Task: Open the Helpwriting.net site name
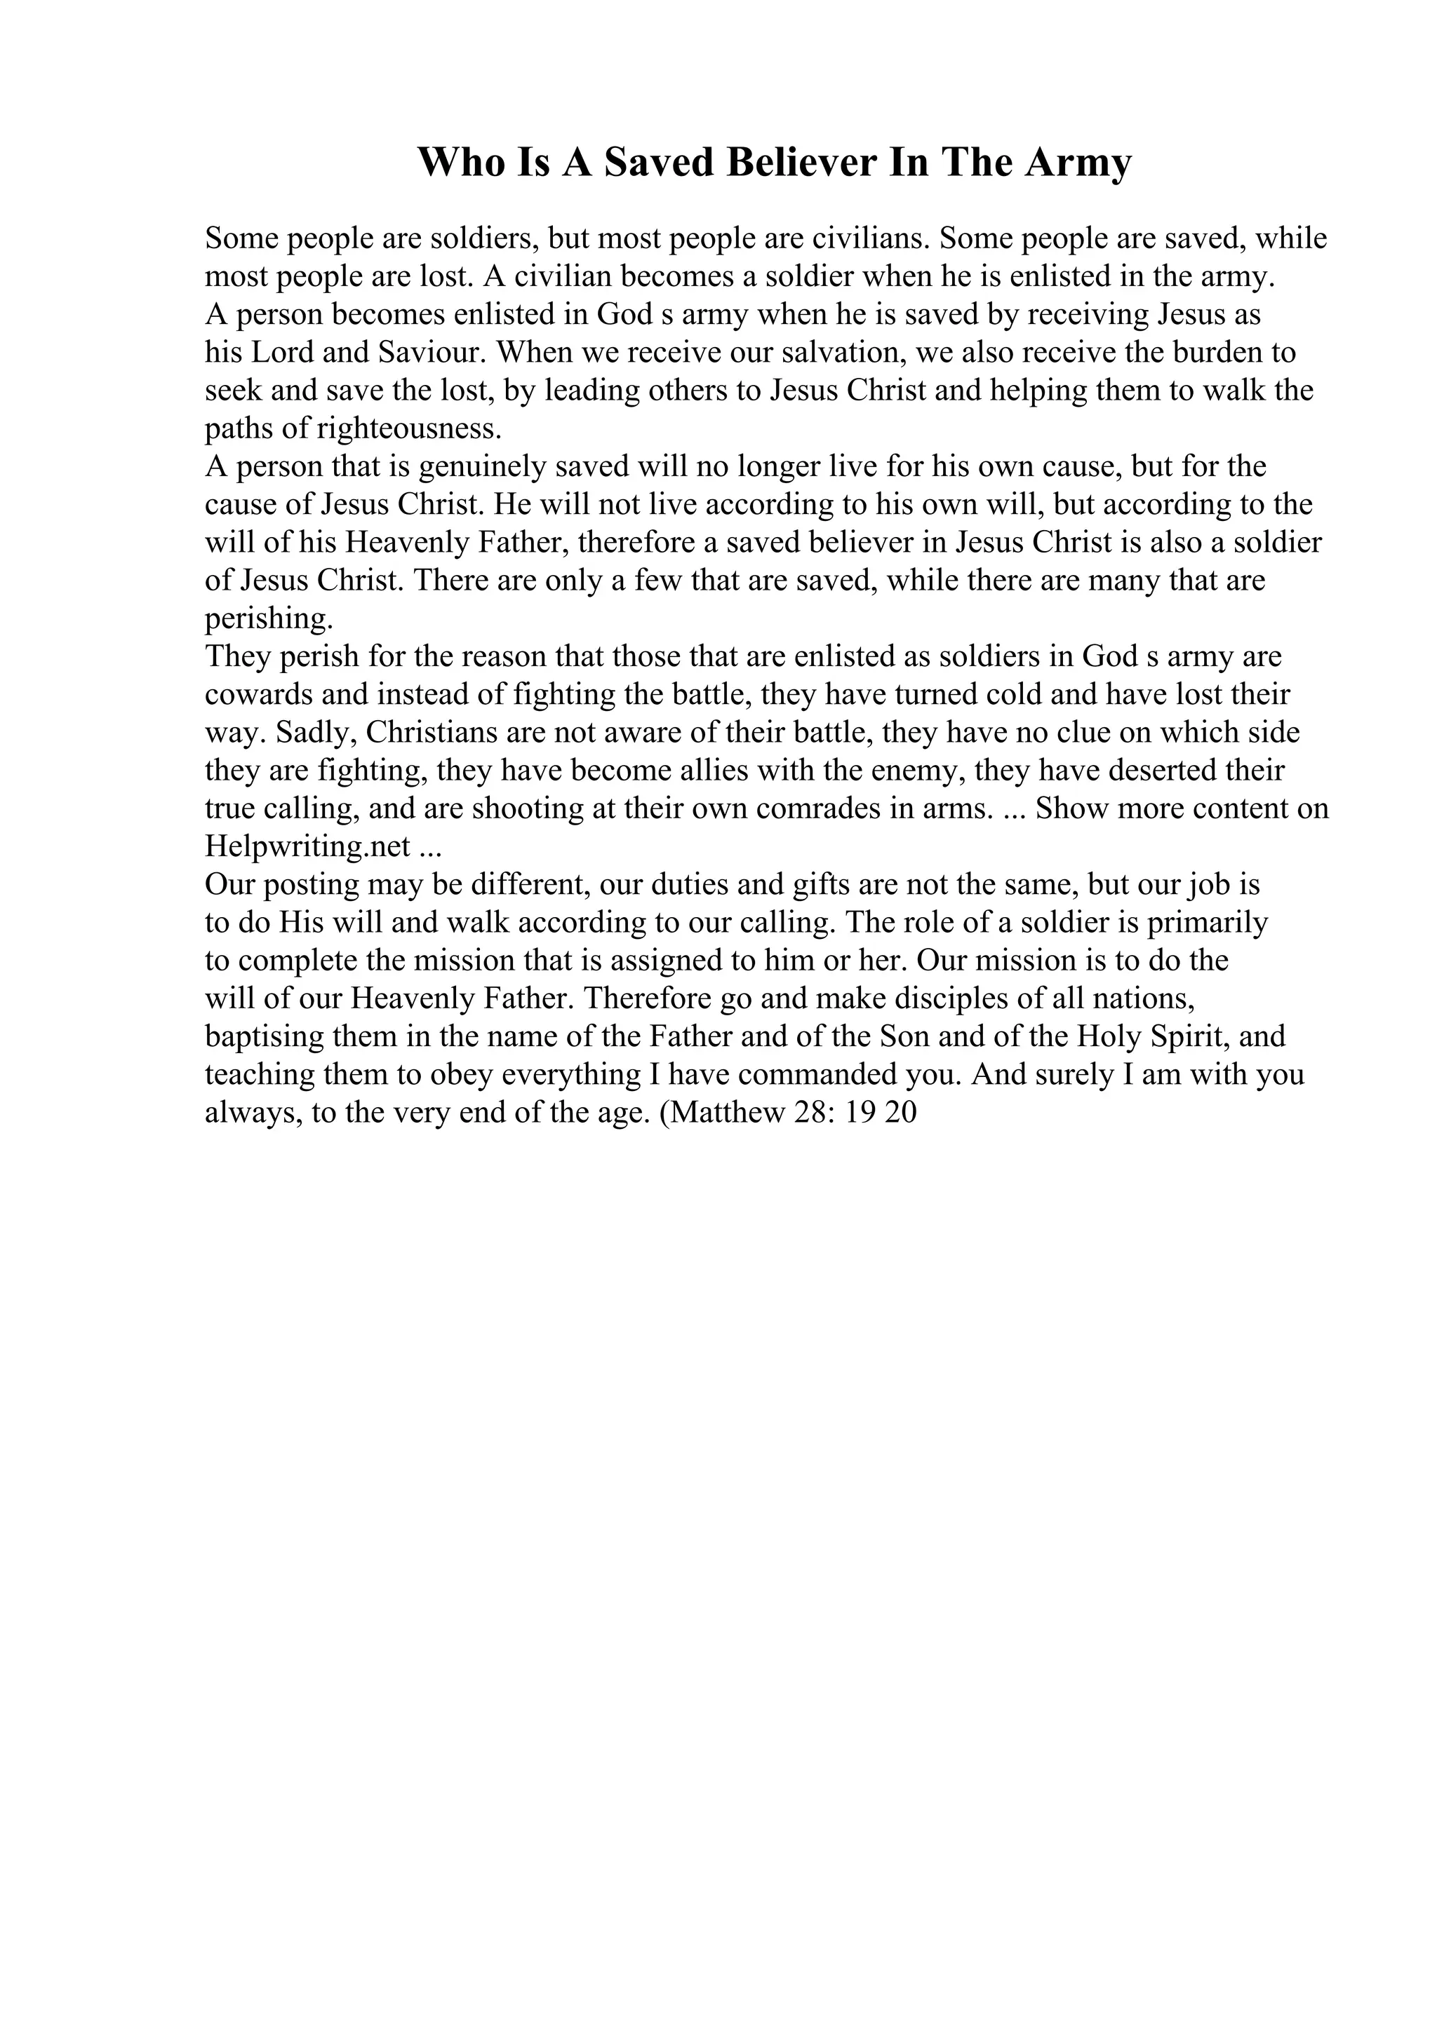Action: [307, 848]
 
